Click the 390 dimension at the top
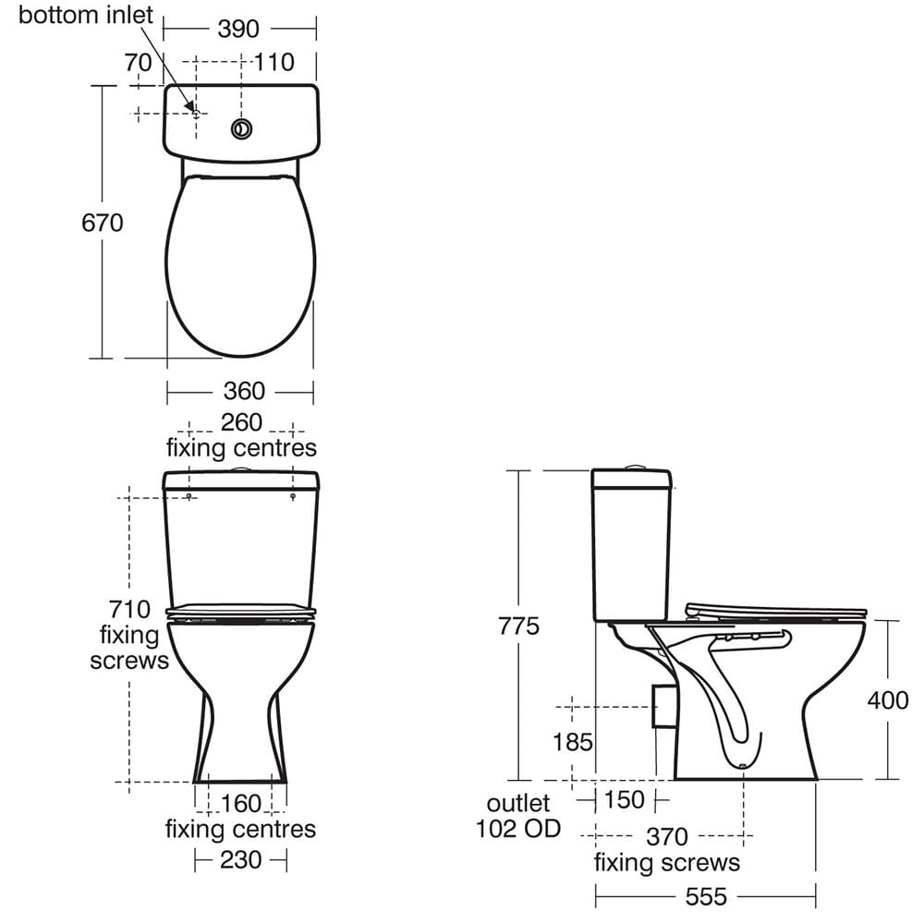click(238, 29)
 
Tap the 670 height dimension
click(102, 223)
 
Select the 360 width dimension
click(244, 391)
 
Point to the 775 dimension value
click(518, 626)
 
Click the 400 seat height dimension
click(887, 700)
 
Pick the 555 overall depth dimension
click(705, 897)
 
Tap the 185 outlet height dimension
click(572, 742)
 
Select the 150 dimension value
click(624, 799)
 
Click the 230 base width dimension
click(240, 859)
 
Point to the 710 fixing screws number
click(129, 609)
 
